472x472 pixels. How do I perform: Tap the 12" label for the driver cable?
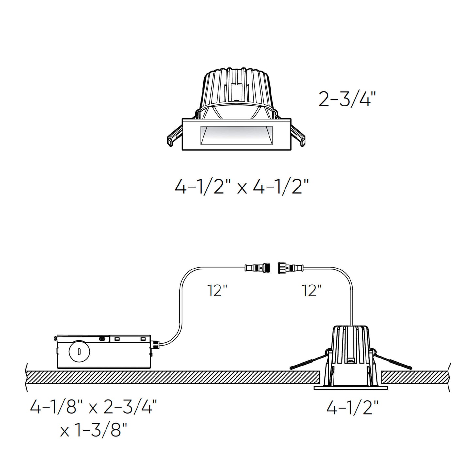click(217, 290)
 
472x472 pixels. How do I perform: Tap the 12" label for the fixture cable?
click(312, 290)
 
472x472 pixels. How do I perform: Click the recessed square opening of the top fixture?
click(236, 134)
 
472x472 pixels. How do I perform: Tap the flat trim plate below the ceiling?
click(350, 388)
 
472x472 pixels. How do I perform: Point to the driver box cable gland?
click(155, 344)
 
